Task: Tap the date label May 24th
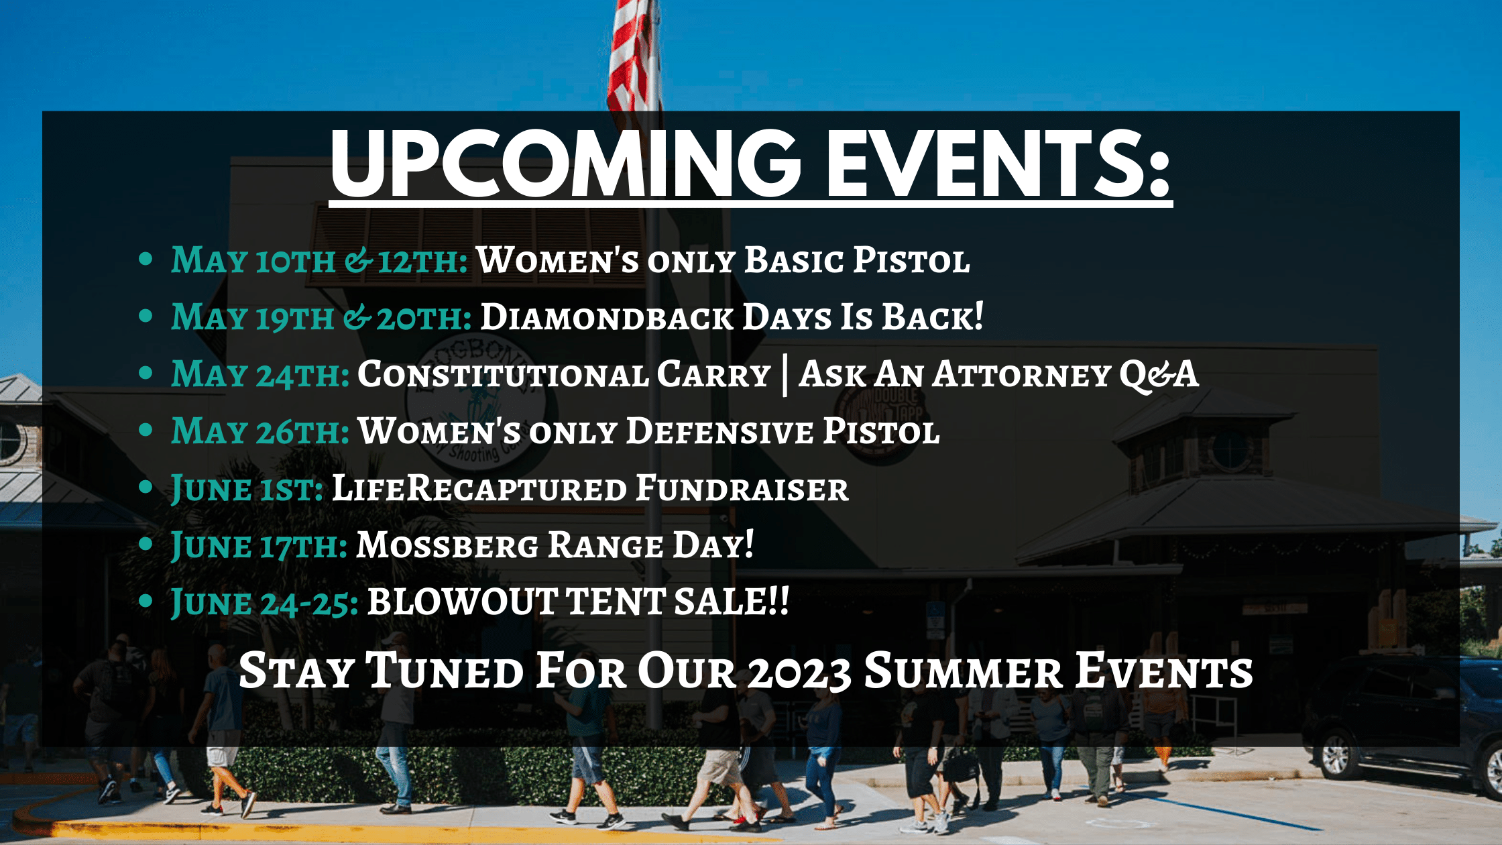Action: (260, 374)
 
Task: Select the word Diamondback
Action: (608, 317)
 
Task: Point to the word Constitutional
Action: (504, 374)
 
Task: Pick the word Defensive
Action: (719, 431)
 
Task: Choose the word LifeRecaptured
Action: (479, 488)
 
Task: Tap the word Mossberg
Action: (447, 545)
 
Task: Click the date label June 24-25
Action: (265, 602)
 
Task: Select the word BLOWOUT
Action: (463, 602)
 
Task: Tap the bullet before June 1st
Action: (146, 488)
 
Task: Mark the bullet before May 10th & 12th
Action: (146, 260)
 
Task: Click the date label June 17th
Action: (259, 546)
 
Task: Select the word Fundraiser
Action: (742, 488)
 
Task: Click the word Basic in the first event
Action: (794, 260)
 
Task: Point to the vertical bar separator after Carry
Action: (785, 376)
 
